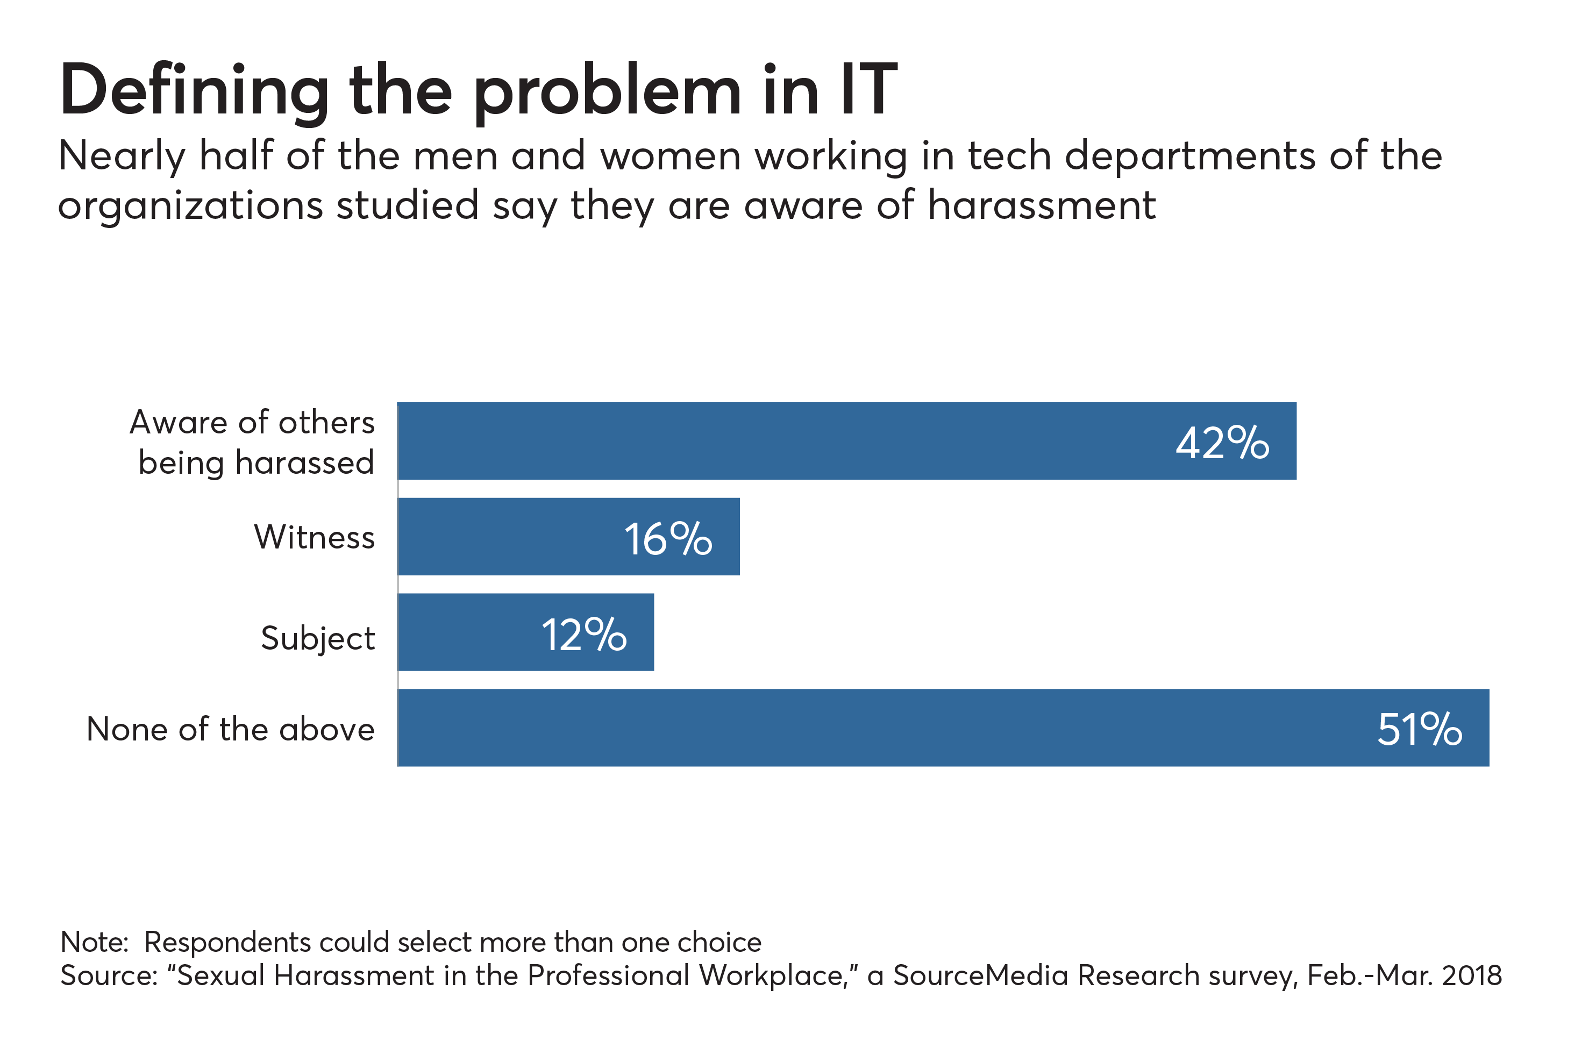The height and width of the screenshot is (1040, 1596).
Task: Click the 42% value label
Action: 1222,443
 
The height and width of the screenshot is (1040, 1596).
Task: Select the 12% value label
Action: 583,635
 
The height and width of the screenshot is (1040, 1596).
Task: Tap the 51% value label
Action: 1420,730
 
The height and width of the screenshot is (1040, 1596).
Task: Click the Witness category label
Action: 315,538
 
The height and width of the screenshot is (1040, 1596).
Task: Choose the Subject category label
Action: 318,638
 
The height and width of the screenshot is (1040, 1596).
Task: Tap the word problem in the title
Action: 608,94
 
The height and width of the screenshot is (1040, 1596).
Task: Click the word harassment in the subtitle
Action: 1042,205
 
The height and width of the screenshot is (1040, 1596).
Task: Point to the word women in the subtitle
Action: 671,156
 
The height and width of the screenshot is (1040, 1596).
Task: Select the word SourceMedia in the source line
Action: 980,975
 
